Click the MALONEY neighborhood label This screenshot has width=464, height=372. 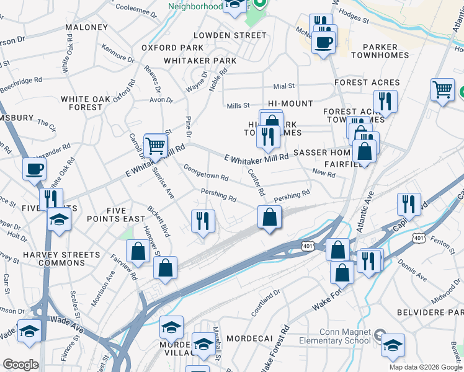coord(86,28)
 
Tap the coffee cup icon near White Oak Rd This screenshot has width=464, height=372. coord(35,168)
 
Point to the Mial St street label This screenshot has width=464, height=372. coord(282,87)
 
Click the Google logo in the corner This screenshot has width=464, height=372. coord(20,365)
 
